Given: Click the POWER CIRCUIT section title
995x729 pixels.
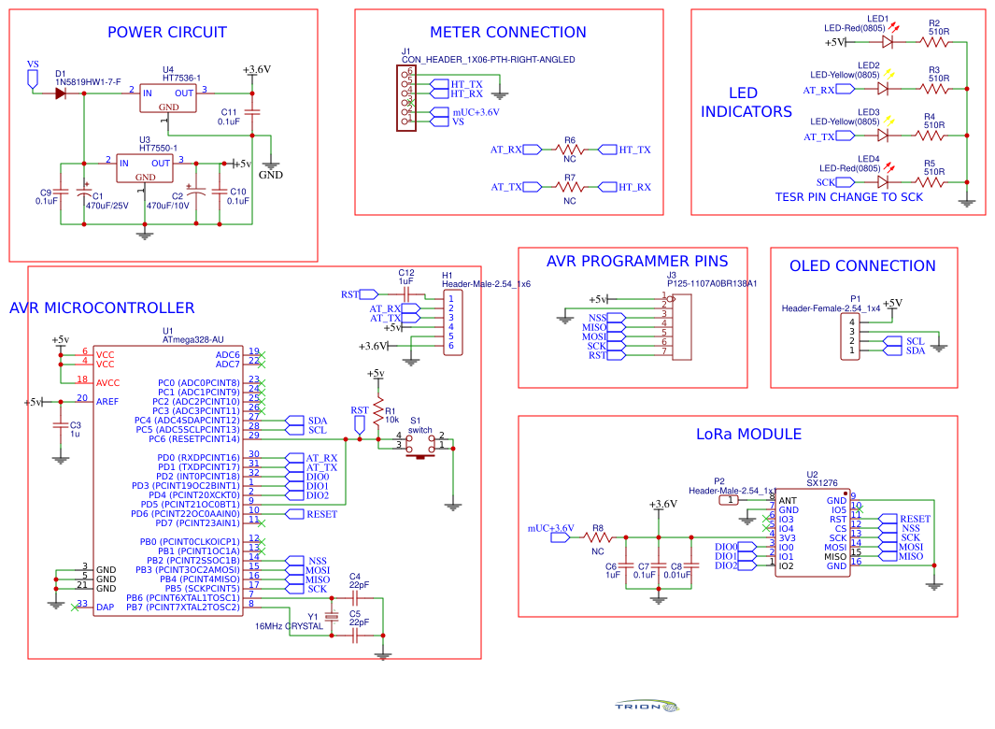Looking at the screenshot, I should coord(166,33).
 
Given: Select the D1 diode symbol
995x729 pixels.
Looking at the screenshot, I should coord(61,92).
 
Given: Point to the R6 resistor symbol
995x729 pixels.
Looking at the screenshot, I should coord(569,150).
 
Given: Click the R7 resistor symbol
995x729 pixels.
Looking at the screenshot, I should coord(569,187).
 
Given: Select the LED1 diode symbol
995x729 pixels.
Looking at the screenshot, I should coord(888,42).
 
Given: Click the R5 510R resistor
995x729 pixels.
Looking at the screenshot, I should coord(933,182).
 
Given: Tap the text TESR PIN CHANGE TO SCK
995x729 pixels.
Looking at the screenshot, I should coord(848,197).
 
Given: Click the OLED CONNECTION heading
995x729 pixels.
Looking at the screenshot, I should coord(862,266).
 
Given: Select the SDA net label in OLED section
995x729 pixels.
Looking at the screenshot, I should coord(915,350).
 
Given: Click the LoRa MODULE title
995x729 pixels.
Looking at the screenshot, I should coord(748,435).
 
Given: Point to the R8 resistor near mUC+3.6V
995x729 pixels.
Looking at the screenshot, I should coord(598,537).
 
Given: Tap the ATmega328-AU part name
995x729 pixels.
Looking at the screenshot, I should coord(193,340).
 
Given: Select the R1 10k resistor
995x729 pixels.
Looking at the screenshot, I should coord(378,411).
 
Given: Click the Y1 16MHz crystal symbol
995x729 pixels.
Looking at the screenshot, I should coord(330,618).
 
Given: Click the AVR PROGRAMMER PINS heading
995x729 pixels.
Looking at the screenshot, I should coord(637,262).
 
